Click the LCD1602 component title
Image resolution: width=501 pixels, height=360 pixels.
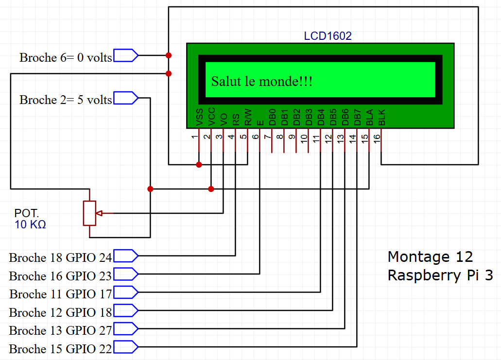click(x=328, y=36)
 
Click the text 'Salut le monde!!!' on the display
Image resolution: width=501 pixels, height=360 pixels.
click(x=261, y=81)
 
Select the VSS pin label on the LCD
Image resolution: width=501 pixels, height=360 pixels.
click(x=199, y=118)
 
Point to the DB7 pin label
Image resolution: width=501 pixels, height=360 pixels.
click(x=357, y=118)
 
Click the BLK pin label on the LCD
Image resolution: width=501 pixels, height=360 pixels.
click(x=381, y=118)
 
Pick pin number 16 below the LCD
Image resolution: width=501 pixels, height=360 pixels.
click(x=377, y=137)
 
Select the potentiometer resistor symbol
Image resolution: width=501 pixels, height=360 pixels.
click(x=89, y=213)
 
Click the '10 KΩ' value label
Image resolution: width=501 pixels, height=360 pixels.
click(x=30, y=225)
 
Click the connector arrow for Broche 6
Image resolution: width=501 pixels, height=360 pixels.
click(x=125, y=55)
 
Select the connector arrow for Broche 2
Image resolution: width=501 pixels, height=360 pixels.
click(x=125, y=98)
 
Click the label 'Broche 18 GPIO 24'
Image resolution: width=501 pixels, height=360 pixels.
click(x=60, y=257)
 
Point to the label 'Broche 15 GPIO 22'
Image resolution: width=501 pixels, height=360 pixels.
click(x=60, y=349)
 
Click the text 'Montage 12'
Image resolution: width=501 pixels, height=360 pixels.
click(x=430, y=257)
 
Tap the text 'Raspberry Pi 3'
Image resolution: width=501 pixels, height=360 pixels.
click(x=440, y=275)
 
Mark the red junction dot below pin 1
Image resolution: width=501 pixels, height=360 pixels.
click(x=199, y=165)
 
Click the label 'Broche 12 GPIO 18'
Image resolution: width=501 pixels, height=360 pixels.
click(x=60, y=312)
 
